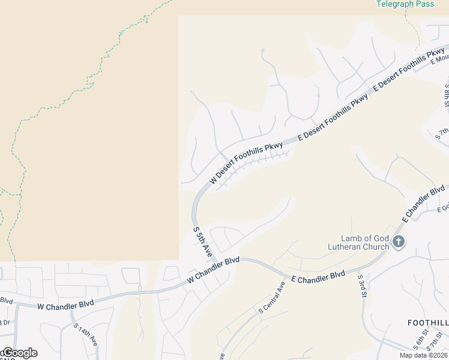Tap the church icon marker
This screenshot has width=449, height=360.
[x=399, y=242]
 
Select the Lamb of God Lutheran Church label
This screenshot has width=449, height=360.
[x=357, y=242]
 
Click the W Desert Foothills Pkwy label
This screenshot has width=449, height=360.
[x=246, y=163]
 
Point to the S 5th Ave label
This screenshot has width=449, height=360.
[x=202, y=242]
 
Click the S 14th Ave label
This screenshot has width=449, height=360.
[x=85, y=337]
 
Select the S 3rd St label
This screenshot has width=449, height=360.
[x=363, y=289]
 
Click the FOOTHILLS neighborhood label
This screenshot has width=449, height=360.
[x=427, y=323]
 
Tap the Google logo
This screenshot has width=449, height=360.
[x=19, y=353]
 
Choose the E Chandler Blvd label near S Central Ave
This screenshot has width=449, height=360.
[x=318, y=277]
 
